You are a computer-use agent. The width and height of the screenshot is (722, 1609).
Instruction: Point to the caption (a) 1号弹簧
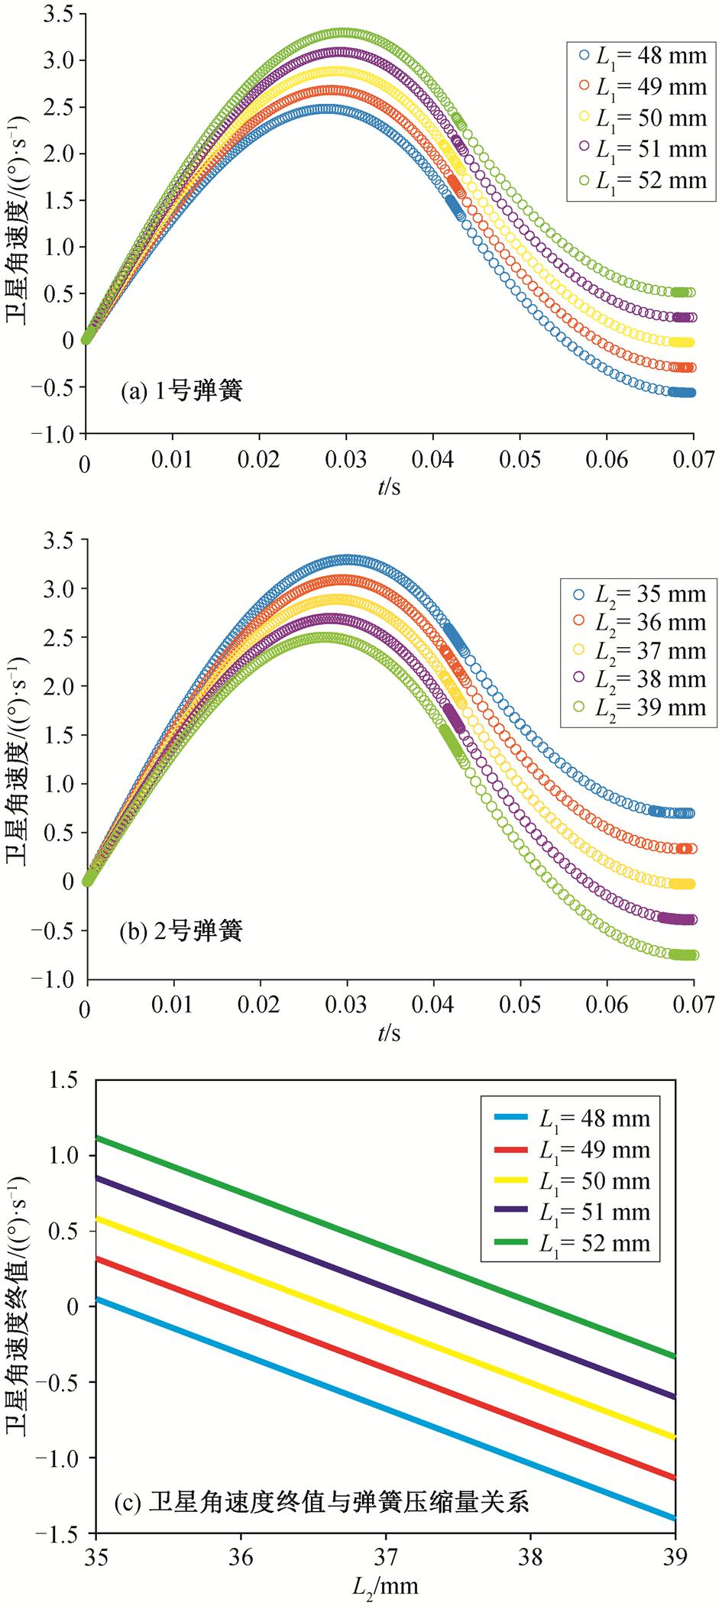point(181,392)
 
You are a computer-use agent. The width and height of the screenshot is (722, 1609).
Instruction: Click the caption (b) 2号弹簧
point(181,931)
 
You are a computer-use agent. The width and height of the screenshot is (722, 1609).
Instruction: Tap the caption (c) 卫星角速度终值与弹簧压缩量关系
point(321,1504)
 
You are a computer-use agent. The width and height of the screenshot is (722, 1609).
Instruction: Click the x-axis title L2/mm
point(386,1587)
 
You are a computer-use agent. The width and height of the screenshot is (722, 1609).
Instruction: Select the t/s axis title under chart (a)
point(389,487)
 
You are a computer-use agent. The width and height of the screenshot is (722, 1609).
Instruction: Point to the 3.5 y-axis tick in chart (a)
point(58,15)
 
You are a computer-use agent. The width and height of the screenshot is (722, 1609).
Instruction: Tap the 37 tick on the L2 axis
point(386,1557)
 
